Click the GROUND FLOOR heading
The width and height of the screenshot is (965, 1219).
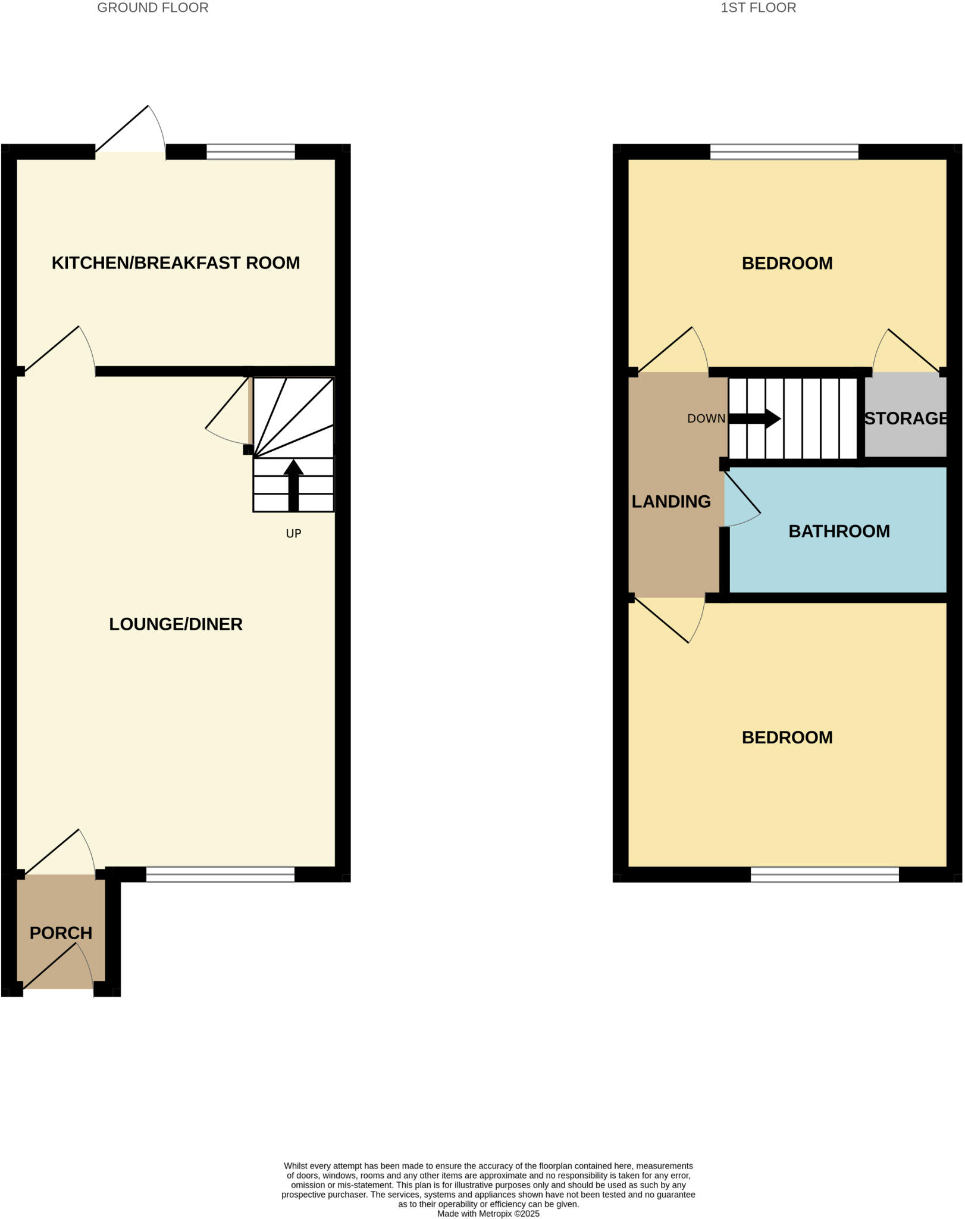click(152, 8)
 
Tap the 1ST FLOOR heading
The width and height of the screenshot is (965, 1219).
click(758, 8)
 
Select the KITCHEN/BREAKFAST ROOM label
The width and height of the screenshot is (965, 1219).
click(176, 262)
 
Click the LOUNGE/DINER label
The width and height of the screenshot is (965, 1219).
click(176, 624)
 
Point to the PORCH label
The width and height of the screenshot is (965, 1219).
click(61, 933)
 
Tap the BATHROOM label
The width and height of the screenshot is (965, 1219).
click(839, 531)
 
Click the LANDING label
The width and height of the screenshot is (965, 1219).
click(671, 501)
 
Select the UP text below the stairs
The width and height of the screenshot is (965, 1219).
click(293, 533)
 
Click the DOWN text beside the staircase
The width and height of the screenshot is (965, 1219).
click(706, 418)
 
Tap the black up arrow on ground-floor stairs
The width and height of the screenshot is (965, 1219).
click(293, 485)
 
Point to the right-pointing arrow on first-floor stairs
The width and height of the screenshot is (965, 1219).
click(756, 418)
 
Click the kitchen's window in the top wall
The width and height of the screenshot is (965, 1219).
click(250, 152)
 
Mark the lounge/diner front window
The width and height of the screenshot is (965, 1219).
click(220, 874)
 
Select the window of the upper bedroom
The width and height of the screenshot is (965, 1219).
click(784, 152)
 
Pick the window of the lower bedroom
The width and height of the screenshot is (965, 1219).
click(825, 874)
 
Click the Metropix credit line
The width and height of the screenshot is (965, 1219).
click(488, 1213)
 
